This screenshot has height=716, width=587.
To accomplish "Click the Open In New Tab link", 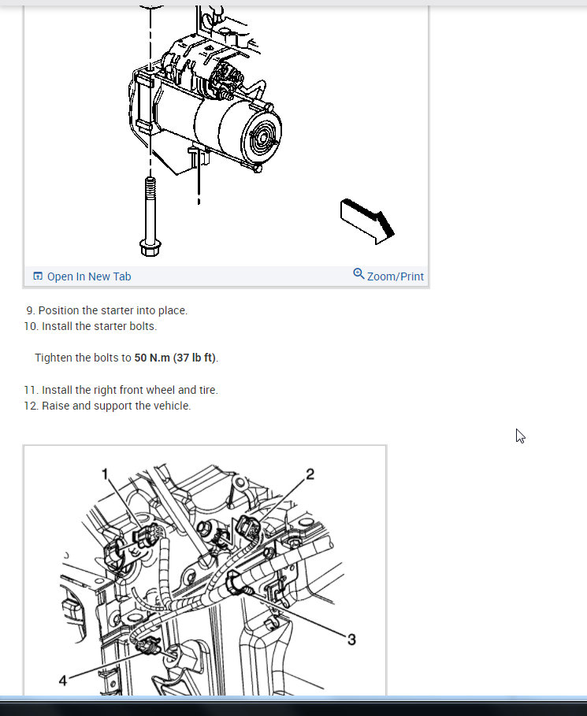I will coord(88,276).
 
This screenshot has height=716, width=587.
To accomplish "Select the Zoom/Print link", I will coord(395,276).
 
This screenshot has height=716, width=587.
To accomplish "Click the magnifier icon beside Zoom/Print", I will coord(359,274).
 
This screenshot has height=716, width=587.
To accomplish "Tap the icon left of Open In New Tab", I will coord(38,276).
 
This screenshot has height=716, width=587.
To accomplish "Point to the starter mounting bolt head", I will coord(147,248).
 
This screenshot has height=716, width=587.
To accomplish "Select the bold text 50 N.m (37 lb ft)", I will coord(175,358).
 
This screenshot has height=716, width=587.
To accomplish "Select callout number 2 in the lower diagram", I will coord(310,473).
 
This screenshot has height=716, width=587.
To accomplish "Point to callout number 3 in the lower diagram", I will coord(351,640).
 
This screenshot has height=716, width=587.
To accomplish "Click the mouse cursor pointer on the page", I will coord(520,436).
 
